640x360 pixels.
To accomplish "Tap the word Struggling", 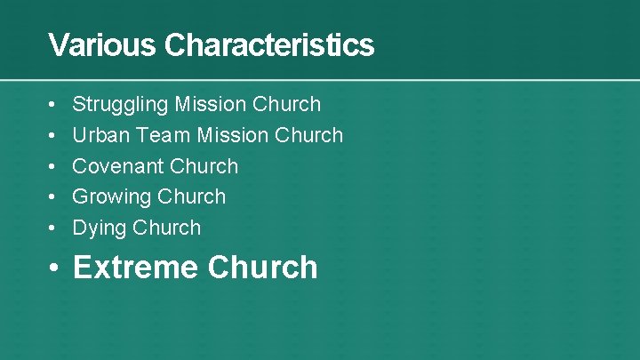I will [x=120, y=105].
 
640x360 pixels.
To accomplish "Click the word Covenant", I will [x=117, y=166].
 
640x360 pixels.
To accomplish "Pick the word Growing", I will [x=110, y=196].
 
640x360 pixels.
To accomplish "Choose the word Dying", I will [x=100, y=228].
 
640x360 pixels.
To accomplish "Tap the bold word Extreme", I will [x=135, y=268].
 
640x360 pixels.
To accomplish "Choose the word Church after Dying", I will [x=167, y=228].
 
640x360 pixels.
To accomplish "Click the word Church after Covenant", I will [x=204, y=166].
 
